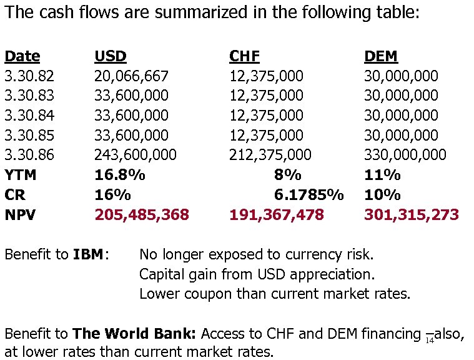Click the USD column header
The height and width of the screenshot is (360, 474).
click(111, 56)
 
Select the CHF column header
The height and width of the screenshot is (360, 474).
click(244, 56)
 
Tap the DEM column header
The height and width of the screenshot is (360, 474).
click(380, 56)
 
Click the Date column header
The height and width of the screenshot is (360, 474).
click(22, 56)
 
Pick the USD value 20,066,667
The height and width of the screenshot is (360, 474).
click(131, 76)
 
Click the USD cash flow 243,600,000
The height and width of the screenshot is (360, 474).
click(136, 155)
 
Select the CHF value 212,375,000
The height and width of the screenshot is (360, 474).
click(270, 155)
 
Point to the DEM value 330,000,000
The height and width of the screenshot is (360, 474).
click(405, 155)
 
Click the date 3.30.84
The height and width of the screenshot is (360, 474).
click(29, 116)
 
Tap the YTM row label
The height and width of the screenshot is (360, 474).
click(21, 175)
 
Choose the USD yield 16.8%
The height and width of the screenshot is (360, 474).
click(121, 175)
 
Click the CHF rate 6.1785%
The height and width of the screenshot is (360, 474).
click(309, 195)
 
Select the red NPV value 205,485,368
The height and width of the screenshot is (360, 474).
click(142, 215)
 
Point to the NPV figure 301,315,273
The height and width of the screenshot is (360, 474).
click(412, 215)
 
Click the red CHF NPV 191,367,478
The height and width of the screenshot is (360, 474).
click(277, 215)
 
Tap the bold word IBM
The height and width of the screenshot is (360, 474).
click(88, 254)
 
